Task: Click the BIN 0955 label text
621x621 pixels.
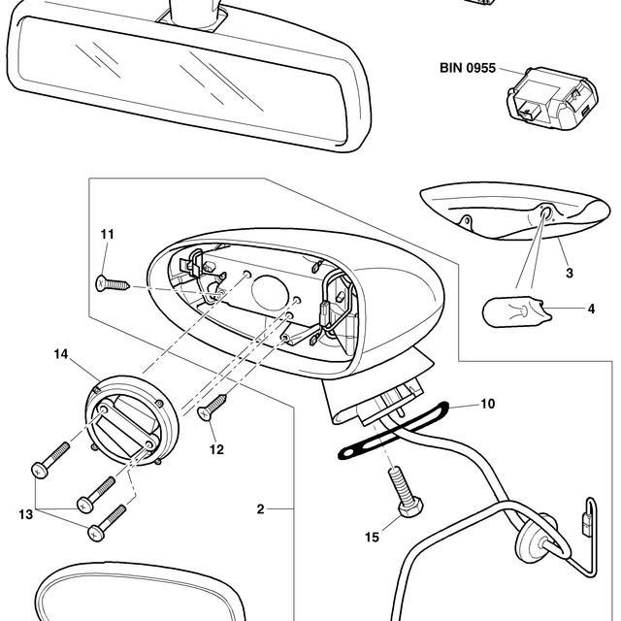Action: (x=468, y=68)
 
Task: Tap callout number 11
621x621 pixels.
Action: (x=107, y=234)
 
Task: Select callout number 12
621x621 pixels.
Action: (x=216, y=449)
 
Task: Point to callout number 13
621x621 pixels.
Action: (x=26, y=514)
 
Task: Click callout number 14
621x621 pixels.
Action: (x=61, y=354)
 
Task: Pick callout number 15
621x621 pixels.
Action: (x=372, y=537)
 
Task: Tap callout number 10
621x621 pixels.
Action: (x=487, y=404)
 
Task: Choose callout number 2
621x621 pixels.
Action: (x=260, y=508)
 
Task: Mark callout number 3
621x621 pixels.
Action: (x=570, y=273)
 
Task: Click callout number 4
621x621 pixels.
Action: (x=591, y=309)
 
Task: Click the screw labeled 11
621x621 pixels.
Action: (x=113, y=283)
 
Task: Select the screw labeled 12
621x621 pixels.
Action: (x=212, y=408)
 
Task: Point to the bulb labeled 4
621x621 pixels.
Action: (x=515, y=311)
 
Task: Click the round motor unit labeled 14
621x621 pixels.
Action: (x=132, y=420)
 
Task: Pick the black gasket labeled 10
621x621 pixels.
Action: (x=392, y=431)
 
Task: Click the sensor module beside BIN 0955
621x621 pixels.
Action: (x=552, y=99)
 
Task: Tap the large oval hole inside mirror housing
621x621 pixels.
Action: (x=270, y=293)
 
